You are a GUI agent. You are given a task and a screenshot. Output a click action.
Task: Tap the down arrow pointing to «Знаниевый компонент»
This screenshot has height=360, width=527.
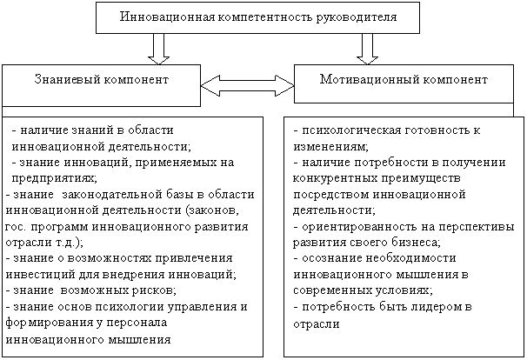158,49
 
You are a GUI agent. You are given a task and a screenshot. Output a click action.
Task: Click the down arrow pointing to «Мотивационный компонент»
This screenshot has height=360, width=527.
367,49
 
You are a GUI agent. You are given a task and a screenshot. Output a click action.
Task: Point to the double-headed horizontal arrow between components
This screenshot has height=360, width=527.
247,86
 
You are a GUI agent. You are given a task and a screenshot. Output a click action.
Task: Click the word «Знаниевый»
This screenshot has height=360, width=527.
67,80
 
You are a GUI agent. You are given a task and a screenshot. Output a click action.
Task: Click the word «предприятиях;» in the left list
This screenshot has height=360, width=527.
55,178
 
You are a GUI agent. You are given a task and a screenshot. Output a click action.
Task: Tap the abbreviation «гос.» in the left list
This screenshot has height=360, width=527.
16,227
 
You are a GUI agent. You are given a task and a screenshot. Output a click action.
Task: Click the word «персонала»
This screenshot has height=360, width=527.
137,323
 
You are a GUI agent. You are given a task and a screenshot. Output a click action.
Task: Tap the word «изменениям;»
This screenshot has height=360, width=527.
330,147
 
